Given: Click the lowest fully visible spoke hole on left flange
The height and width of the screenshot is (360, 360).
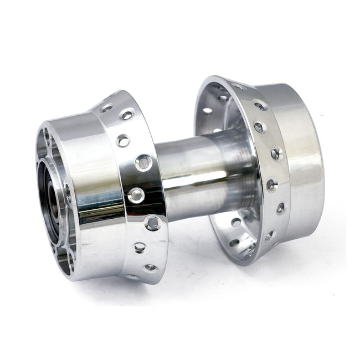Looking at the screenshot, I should [x=150, y=268].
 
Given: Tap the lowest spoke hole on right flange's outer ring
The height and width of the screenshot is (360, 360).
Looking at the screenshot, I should [x=270, y=235].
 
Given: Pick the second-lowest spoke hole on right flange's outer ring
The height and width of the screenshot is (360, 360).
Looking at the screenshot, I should [x=280, y=208].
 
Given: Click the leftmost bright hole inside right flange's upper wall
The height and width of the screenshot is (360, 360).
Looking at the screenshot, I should [x=208, y=110].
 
